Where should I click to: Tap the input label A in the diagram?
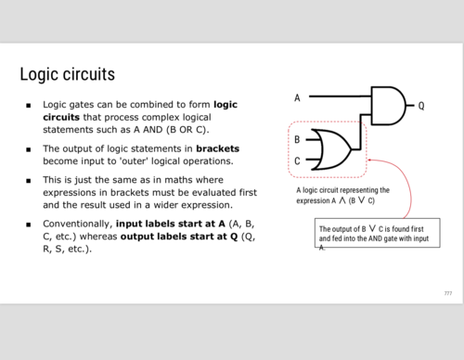coord(297,97)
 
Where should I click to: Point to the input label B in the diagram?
coord(296,140)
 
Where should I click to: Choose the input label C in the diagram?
coord(296,161)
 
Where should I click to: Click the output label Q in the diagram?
coord(420,105)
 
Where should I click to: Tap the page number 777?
coord(447,293)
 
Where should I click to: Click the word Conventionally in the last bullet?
coord(77,224)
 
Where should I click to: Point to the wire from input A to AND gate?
coord(338,96)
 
